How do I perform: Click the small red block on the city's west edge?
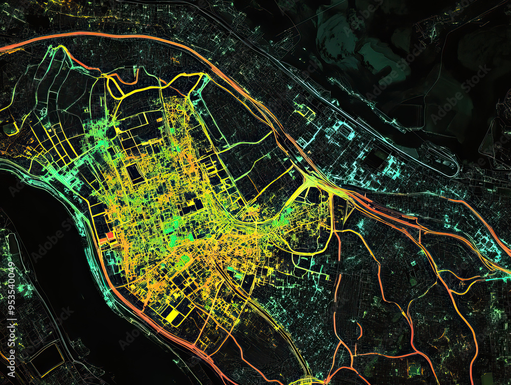click(x=109, y=236)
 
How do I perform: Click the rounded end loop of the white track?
click(x=452, y=169)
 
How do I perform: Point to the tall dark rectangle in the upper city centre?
click(x=135, y=174)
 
